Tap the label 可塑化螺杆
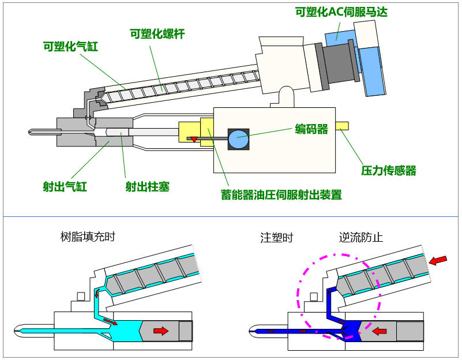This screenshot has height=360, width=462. click(x=157, y=33)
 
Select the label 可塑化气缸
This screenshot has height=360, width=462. click(x=70, y=46)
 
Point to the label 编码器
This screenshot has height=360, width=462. click(x=311, y=129)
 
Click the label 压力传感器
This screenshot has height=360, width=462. click(x=389, y=170)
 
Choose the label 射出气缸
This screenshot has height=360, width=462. click(x=65, y=186)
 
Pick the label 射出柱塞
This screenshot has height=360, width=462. click(x=148, y=186)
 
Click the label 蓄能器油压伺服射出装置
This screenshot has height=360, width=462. click(x=281, y=195)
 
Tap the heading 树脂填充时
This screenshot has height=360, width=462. click(x=88, y=237)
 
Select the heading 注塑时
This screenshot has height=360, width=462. click(x=277, y=237)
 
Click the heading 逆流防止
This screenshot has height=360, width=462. click(x=361, y=237)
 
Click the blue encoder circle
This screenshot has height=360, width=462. click(x=238, y=139)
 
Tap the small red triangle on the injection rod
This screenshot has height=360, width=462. click(x=194, y=140)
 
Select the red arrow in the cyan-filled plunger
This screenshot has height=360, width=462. click(x=161, y=331)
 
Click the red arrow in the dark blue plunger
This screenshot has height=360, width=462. click(x=378, y=331)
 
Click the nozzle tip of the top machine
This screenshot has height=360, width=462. click(x=31, y=132)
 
